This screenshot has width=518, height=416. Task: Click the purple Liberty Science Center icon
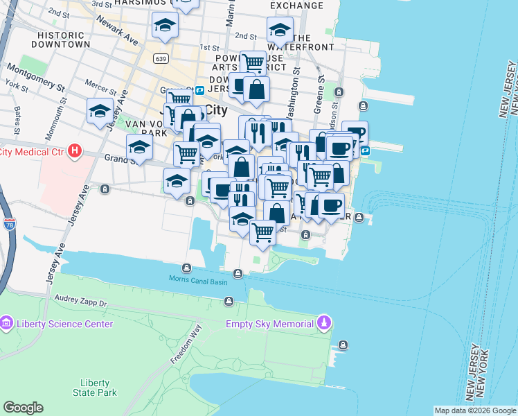pos(7,323)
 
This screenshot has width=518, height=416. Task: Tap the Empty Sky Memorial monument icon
pos(323,323)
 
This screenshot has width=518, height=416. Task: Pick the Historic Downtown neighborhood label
pos(64,39)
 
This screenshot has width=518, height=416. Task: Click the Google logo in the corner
pos(23,407)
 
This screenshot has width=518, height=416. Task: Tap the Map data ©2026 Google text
pos(474,410)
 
